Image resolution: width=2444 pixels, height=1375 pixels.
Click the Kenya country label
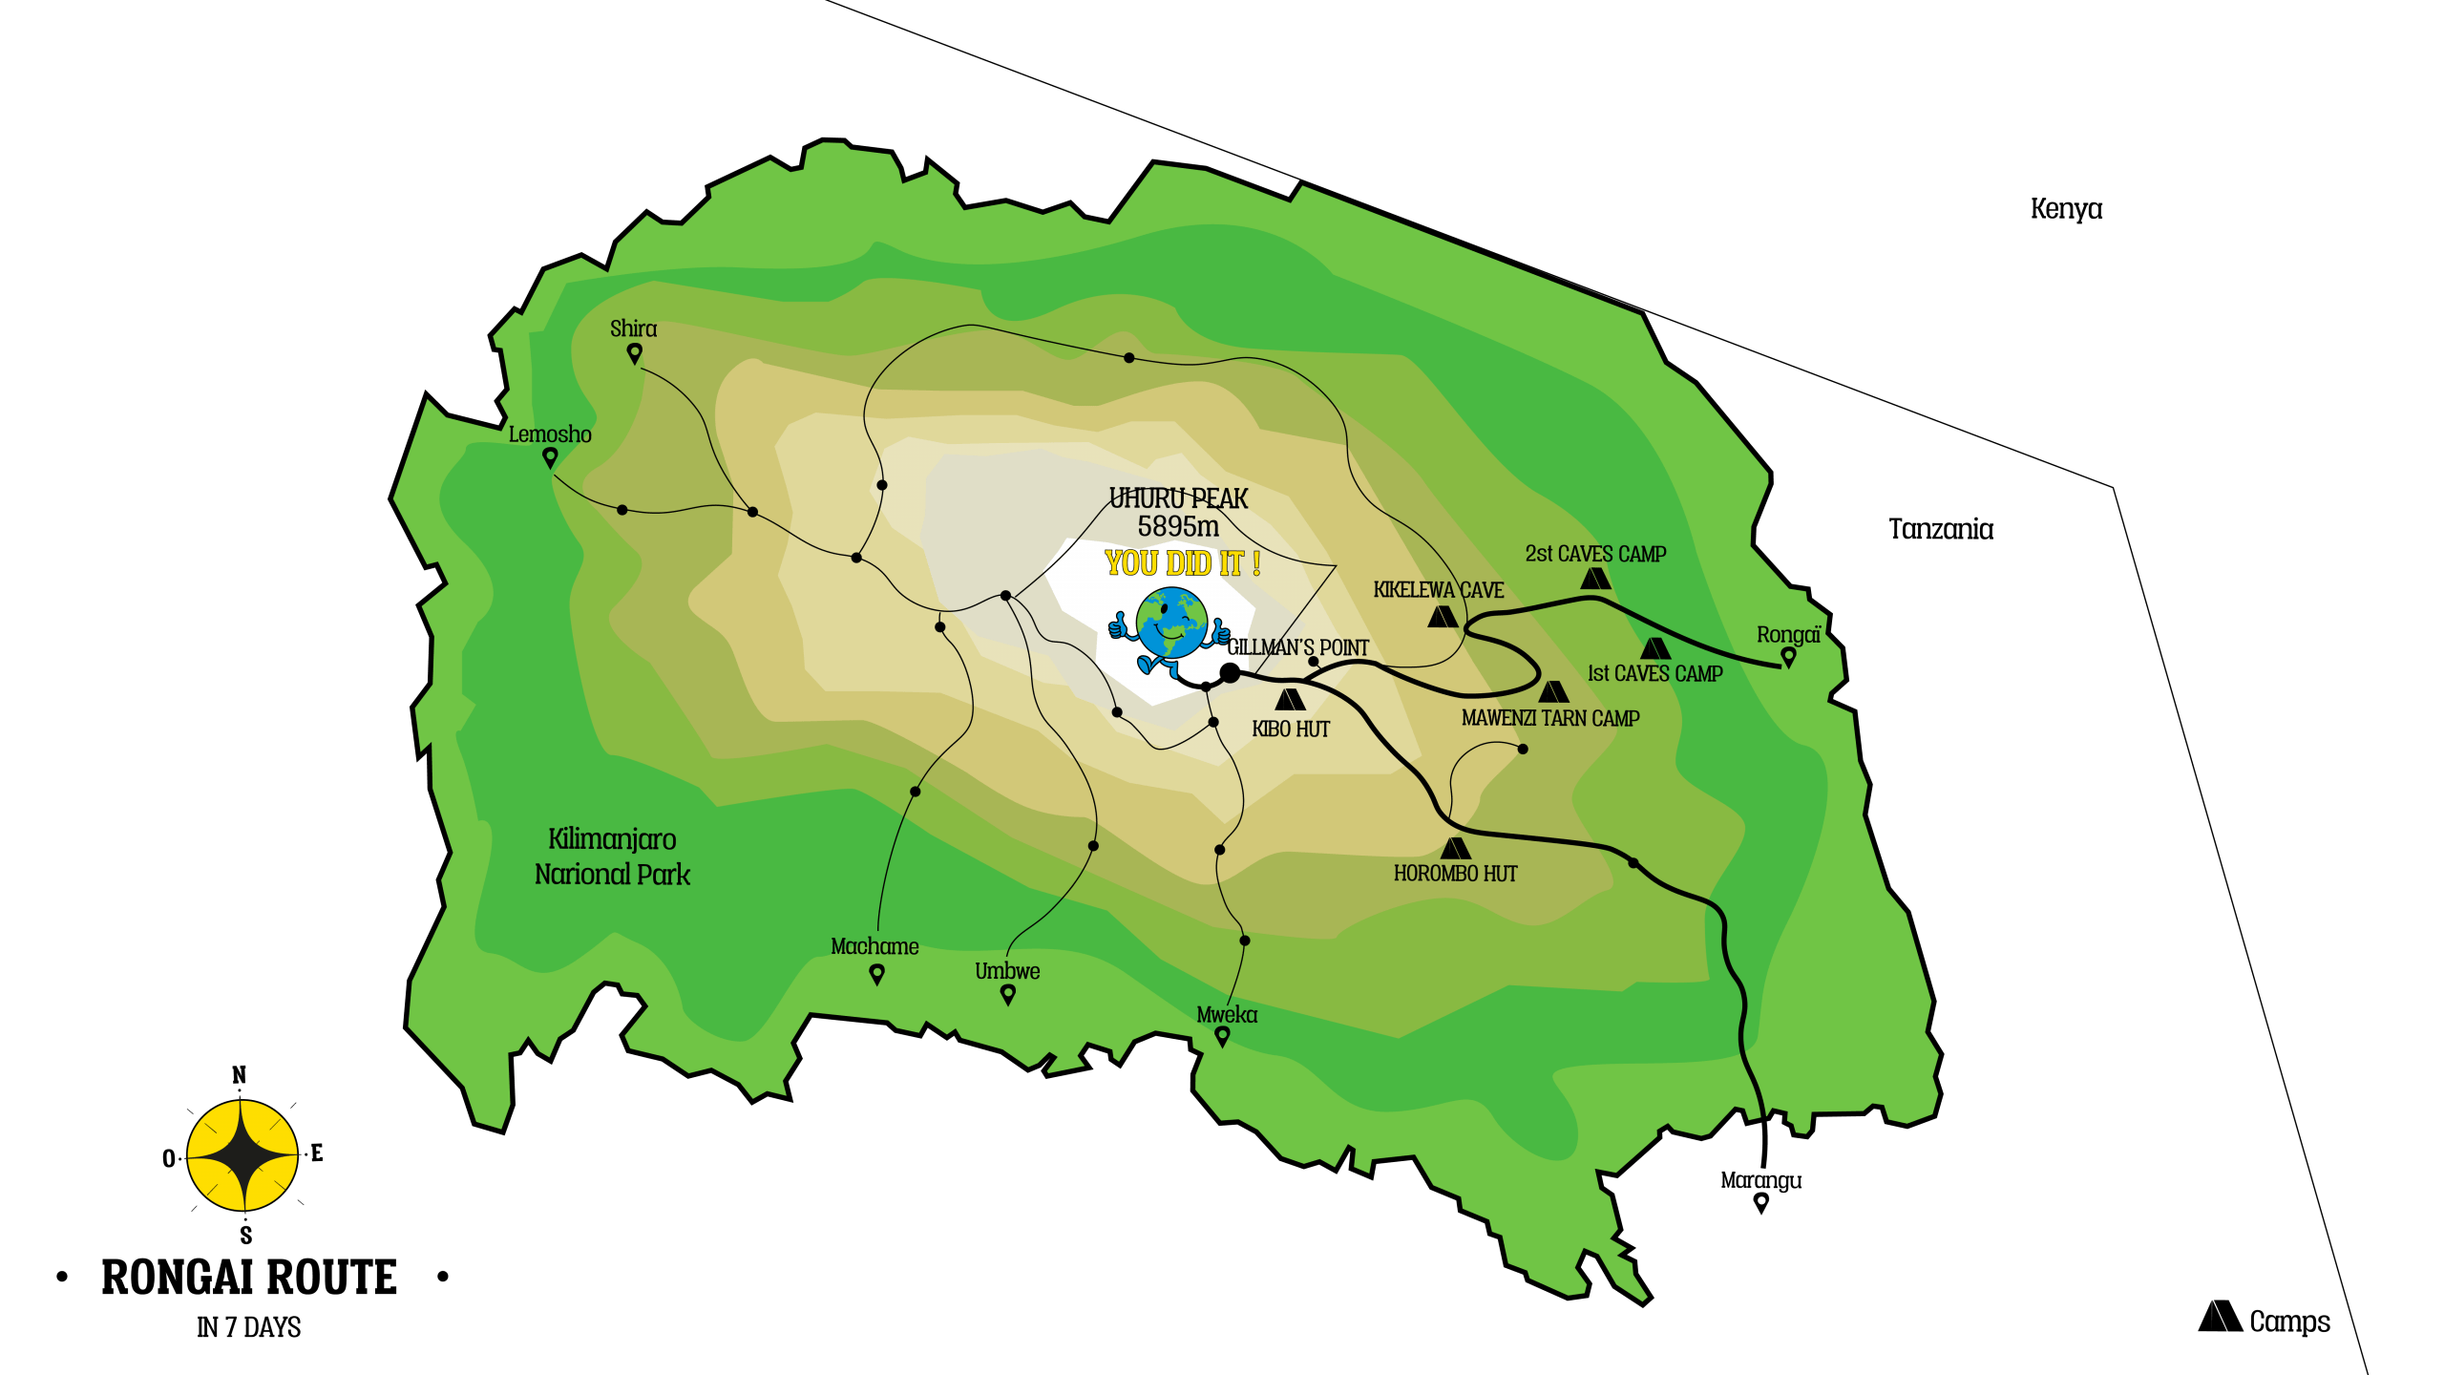[x=2066, y=209]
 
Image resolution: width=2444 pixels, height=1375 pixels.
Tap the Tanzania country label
[x=1940, y=529]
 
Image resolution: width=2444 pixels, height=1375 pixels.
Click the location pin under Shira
[x=634, y=354]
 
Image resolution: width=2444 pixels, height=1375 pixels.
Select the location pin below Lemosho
[x=550, y=458]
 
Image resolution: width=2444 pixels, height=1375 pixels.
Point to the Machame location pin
[x=876, y=974]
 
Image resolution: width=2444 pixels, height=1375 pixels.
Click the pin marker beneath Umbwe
[x=1007, y=995]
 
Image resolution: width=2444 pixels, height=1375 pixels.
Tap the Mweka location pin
[x=1222, y=1036]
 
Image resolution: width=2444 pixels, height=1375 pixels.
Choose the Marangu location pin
[x=1761, y=1203]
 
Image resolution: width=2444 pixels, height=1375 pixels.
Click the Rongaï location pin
[x=1788, y=657]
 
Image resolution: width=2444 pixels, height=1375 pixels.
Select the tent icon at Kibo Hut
[x=1290, y=700]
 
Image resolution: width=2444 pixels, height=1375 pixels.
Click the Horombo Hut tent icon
[x=1455, y=848]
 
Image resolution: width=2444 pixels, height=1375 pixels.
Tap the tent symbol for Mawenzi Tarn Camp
[x=1553, y=691]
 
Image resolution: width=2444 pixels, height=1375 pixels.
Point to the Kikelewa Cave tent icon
[x=1443, y=617]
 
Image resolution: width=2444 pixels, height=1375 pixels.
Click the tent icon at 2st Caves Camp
[x=1595, y=579]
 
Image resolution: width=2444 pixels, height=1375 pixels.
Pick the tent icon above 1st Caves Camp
[x=1654, y=649]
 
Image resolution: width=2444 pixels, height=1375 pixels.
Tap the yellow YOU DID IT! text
[x=1183, y=563]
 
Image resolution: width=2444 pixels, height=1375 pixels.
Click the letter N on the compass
[x=240, y=1075]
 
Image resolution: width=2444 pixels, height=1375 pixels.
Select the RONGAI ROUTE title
[x=249, y=1278]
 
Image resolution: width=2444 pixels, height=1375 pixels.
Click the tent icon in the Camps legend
[x=2220, y=1318]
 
